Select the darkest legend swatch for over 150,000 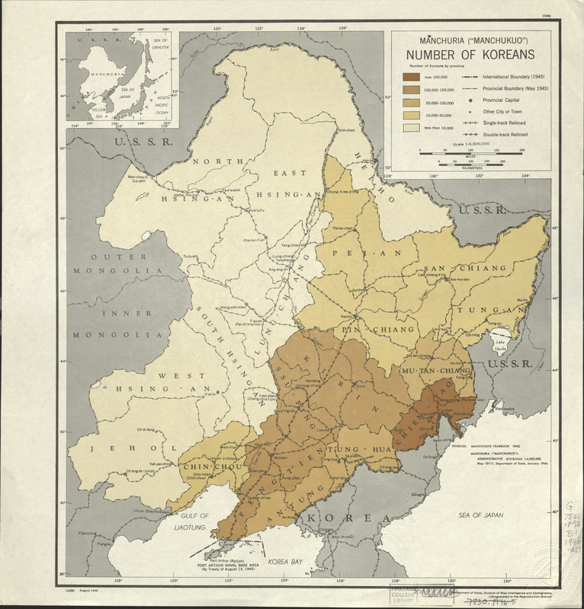tap(412, 77)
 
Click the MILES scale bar tap(470, 155)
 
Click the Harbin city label tap(347, 317)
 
